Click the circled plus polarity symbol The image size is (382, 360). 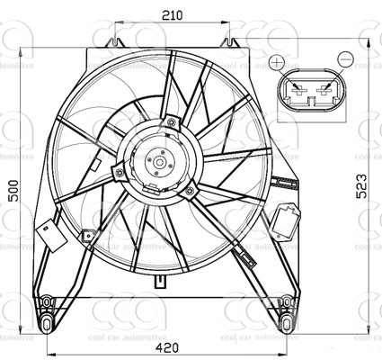280,63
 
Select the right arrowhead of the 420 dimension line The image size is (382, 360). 298,355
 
